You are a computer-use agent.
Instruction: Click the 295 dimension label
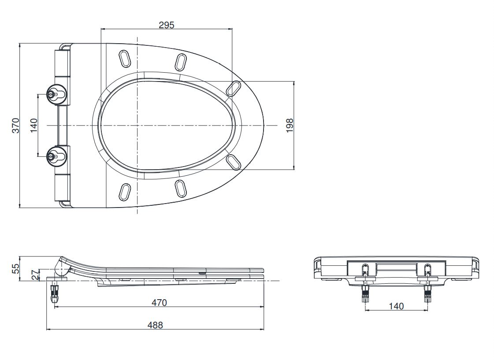point(166,25)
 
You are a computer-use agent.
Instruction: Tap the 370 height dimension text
point(16,125)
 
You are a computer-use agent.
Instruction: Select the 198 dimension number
point(290,125)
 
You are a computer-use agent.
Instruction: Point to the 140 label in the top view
point(33,125)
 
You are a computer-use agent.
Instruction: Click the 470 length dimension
point(159,303)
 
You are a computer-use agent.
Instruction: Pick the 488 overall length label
point(155,325)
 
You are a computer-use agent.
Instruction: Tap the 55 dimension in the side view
point(16,268)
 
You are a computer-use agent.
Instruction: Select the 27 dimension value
point(35,275)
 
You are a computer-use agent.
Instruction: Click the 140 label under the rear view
point(396,306)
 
